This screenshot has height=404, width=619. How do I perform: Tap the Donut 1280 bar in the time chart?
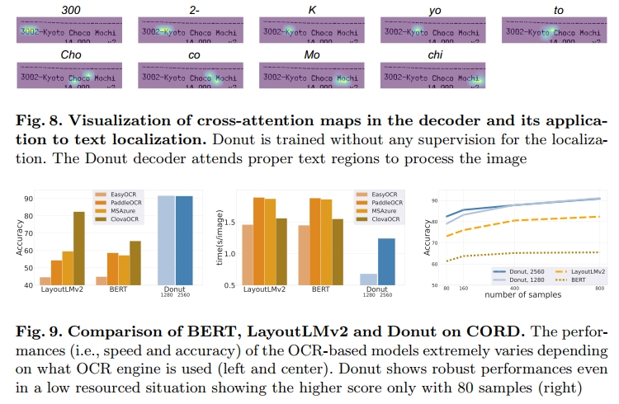tap(369, 280)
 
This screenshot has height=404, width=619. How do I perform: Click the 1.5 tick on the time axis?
tap(234, 223)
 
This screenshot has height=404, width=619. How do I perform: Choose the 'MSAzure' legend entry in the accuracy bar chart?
tap(118, 211)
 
